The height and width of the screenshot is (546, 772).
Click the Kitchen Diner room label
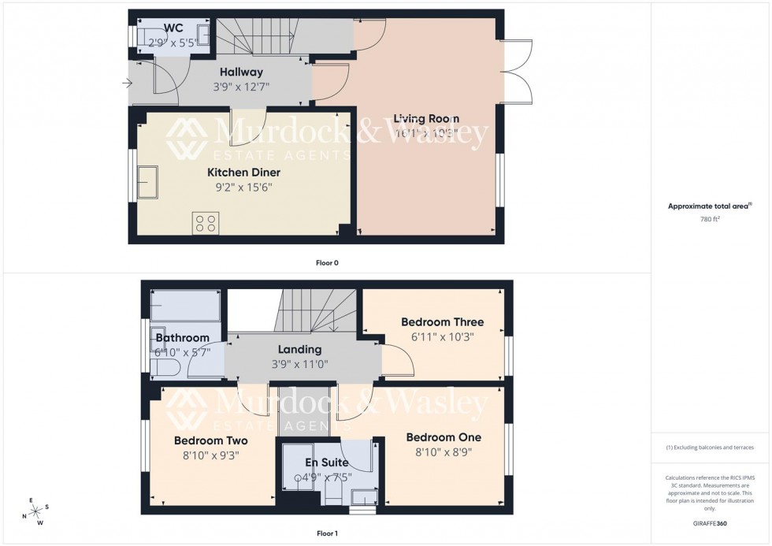pyautogui.click(x=243, y=173)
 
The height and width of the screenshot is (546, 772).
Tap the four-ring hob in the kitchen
pyautogui.click(x=206, y=223)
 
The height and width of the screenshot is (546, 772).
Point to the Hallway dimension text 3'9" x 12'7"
pyautogui.click(x=243, y=87)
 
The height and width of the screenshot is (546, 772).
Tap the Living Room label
pyautogui.click(x=426, y=118)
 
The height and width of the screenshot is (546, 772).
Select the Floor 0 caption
pyautogui.click(x=327, y=262)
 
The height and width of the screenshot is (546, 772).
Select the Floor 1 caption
pyautogui.click(x=327, y=533)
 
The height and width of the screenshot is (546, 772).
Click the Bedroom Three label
pyautogui.click(x=442, y=322)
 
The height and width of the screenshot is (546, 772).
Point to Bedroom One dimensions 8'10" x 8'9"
pyautogui.click(x=443, y=452)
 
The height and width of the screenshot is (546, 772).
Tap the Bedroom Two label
pyautogui.click(x=211, y=440)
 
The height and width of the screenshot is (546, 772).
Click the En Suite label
pyautogui.click(x=327, y=462)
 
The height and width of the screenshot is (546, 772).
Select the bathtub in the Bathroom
pyautogui.click(x=186, y=304)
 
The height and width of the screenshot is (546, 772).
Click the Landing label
pyautogui.click(x=299, y=350)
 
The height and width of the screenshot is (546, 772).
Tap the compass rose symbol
pyautogui.click(x=36, y=513)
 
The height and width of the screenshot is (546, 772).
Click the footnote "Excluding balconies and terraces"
pyautogui.click(x=710, y=448)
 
